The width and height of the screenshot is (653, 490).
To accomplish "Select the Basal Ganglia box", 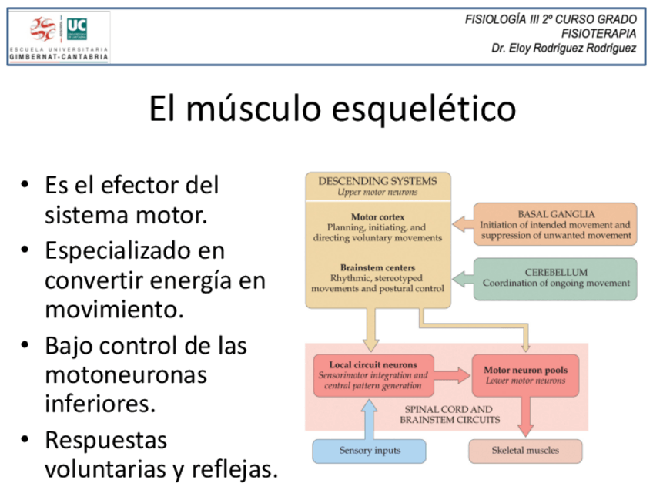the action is pyautogui.click(x=554, y=224).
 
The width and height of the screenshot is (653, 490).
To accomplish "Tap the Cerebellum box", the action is pyautogui.click(x=554, y=278).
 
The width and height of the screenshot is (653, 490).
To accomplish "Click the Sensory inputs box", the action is pyautogui.click(x=369, y=451).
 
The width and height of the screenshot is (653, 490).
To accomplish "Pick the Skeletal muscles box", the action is pyautogui.click(x=525, y=451).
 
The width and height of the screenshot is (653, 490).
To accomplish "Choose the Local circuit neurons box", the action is pyautogui.click(x=373, y=375).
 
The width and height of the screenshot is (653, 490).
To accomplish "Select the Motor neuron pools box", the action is pyautogui.click(x=525, y=375).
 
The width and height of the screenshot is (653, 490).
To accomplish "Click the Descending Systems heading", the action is pyautogui.click(x=377, y=181).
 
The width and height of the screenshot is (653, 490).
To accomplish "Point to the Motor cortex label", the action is pyautogui.click(x=377, y=217).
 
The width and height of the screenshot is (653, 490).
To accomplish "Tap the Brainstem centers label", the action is pyautogui.click(x=377, y=267).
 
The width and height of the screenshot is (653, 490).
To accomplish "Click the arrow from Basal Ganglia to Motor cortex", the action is pyautogui.click(x=462, y=224).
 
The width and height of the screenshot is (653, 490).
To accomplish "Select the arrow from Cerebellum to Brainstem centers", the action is pyautogui.click(x=462, y=278).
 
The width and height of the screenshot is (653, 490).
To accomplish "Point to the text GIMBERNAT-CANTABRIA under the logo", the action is pyautogui.click(x=59, y=57).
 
